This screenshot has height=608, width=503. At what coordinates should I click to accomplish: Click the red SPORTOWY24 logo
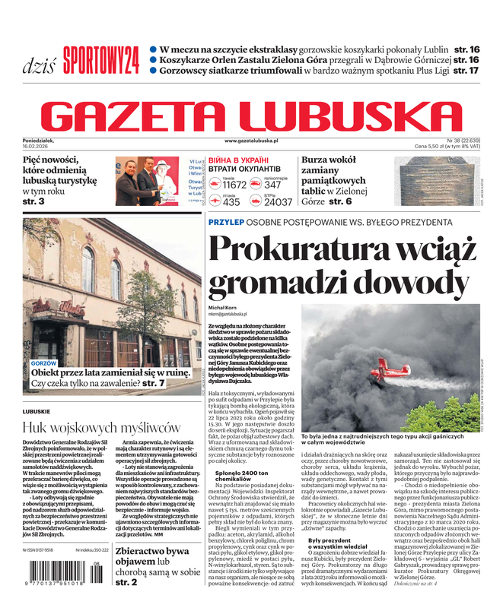click(100, 59)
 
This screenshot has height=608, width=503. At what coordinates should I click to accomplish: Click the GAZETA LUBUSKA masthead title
click(251, 113)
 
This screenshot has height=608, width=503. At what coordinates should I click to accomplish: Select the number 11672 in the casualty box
click(234, 185)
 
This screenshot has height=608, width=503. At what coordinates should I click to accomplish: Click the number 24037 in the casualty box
click(278, 202)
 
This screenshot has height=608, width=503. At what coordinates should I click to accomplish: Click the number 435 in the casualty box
click(231, 202)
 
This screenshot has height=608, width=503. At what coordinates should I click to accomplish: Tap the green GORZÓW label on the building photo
click(43, 364)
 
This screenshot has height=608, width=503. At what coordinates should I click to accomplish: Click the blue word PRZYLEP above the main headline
click(228, 221)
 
